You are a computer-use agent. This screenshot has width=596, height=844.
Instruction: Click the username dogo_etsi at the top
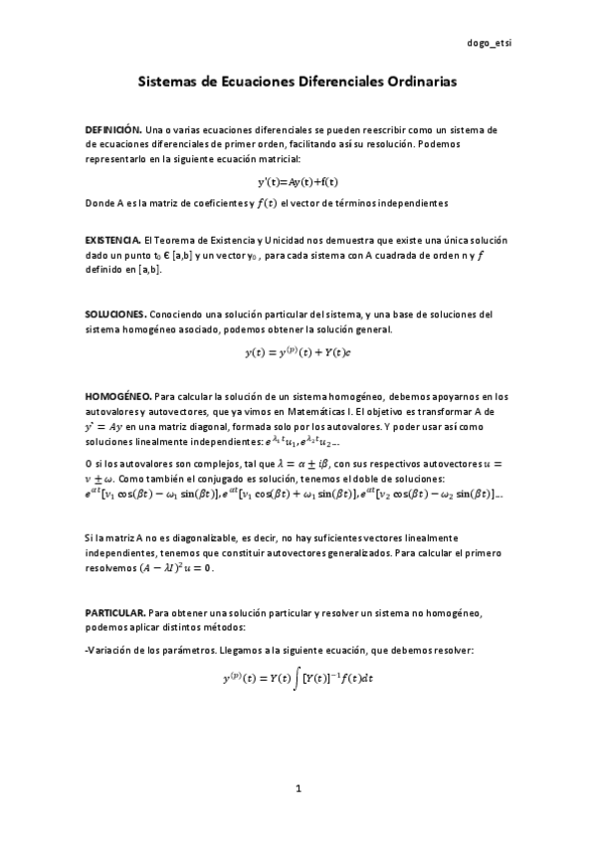point(490,44)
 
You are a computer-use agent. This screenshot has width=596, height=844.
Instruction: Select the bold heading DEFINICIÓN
point(112,130)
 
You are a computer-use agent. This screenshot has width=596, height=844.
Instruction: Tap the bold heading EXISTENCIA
point(112,241)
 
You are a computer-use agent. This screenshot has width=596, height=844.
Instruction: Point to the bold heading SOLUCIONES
point(115,315)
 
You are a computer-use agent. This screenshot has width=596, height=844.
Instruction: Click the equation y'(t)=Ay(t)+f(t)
point(298,182)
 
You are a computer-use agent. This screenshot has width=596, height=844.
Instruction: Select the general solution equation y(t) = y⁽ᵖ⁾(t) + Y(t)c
point(298,352)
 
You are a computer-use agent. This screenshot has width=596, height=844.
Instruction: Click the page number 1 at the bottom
point(298,788)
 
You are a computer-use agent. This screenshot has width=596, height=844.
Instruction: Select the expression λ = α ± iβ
point(280,463)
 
